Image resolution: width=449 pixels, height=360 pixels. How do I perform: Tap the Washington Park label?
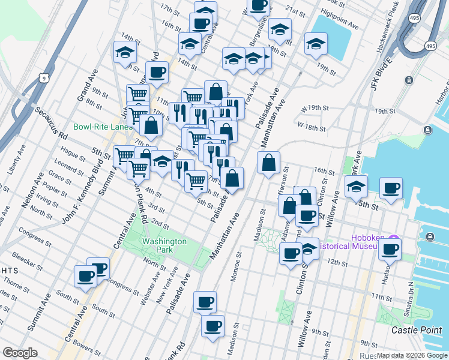point(164,245)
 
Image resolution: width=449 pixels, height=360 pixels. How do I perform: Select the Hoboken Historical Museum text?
point(351,246)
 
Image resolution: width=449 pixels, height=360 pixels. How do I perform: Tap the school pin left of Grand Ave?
point(125,53)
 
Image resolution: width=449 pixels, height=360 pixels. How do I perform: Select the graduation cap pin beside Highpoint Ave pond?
point(316,44)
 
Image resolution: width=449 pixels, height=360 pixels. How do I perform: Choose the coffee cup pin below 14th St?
point(157,73)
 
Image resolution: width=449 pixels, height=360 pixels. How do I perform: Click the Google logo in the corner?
point(20,353)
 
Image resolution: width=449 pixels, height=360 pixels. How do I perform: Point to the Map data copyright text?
point(412,355)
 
